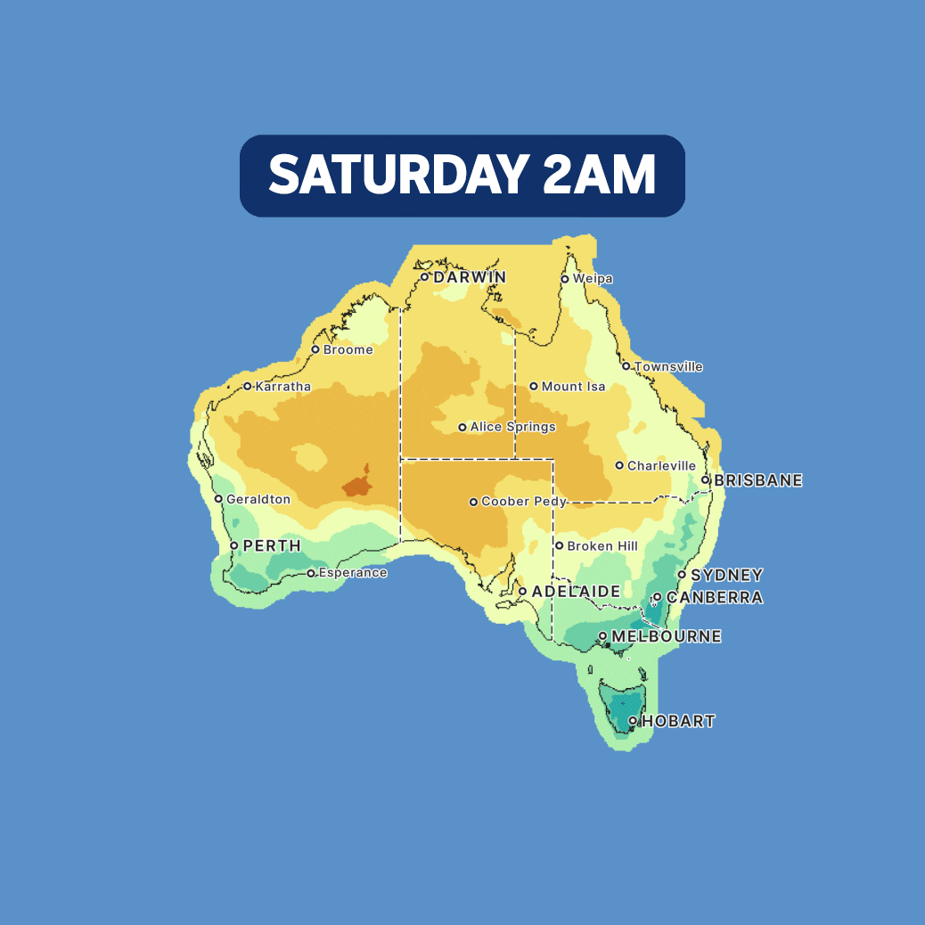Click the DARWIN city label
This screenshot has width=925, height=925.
coord(470,277)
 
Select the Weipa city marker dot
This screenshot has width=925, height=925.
coord(565,279)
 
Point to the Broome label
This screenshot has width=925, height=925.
coord(348,350)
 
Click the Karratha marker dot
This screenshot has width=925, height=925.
coord(248,387)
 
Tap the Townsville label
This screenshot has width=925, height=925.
coord(668,367)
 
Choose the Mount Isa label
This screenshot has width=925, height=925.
coord(574,387)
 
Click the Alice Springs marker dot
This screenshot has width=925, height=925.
coord(462,428)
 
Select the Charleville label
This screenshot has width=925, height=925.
coord(661,466)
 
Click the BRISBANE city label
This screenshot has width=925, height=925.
coord(758,480)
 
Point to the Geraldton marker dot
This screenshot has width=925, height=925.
coord(218,499)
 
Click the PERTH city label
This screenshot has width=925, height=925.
coord(272,545)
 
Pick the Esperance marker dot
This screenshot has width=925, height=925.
coord(311,573)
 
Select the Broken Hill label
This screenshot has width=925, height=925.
coord(603,546)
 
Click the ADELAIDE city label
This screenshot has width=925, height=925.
coord(576,592)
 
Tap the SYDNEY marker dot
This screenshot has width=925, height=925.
coord(682,575)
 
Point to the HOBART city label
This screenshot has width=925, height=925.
coord(678,721)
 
